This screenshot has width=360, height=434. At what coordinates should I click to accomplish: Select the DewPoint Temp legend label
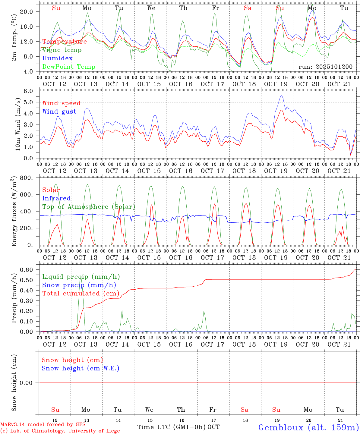(x=69, y=67)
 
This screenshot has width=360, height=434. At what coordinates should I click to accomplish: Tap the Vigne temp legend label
(x=62, y=50)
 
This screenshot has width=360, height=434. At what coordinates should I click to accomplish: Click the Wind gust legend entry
(x=59, y=112)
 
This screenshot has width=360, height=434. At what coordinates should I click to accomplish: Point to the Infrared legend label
(x=56, y=198)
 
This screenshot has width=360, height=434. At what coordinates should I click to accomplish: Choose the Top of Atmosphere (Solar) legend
(x=89, y=207)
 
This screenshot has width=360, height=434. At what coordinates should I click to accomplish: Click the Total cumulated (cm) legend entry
(x=81, y=294)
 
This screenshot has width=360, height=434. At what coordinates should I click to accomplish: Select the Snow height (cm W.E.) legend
(x=81, y=368)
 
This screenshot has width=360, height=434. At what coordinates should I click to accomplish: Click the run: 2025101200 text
(x=325, y=67)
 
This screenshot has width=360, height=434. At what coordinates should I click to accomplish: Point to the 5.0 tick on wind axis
(x=29, y=102)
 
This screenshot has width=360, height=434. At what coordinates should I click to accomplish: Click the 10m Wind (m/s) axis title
(x=18, y=124)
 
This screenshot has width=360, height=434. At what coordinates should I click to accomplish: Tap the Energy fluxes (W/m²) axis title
(x=14, y=212)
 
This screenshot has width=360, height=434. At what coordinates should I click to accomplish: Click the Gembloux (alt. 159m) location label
(x=308, y=427)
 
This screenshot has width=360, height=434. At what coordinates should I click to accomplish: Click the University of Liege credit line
(x=60, y=431)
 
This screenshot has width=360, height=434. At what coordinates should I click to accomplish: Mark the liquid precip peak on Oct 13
(x=81, y=278)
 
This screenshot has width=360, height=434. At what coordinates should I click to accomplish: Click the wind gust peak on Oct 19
(x=282, y=96)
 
